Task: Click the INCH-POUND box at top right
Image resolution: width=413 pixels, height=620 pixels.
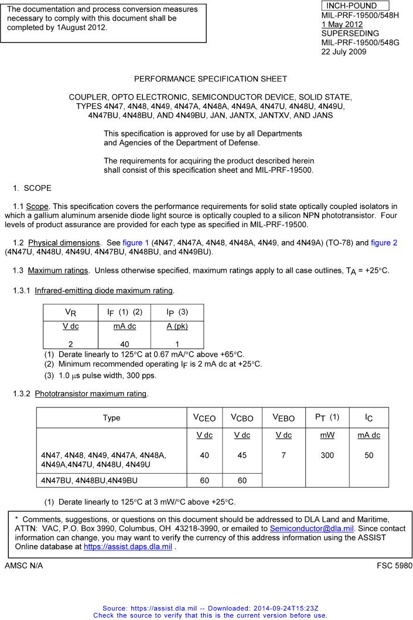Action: tap(355, 6)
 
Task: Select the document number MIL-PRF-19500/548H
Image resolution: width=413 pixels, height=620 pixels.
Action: tap(360, 15)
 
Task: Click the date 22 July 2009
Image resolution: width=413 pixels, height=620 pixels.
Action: tap(344, 52)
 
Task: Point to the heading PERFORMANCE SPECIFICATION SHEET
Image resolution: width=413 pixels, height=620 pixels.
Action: tap(210, 78)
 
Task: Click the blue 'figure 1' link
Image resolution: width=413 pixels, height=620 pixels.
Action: tap(136, 242)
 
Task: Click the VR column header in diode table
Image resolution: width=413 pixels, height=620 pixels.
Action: tap(69, 313)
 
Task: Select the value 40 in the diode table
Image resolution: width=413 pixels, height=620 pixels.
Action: tap(124, 344)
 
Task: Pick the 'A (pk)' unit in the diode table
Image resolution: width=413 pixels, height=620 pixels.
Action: tap(177, 327)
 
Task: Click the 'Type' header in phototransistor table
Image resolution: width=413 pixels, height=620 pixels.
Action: tap(111, 418)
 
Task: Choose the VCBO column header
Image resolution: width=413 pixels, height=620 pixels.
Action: tap(242, 418)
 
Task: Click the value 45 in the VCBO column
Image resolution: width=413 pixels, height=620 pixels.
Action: tap(242, 455)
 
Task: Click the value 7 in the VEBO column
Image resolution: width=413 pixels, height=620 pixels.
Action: tap(284, 455)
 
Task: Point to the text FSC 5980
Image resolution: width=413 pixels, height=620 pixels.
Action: tap(394, 566)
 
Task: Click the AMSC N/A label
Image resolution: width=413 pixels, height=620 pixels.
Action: tap(23, 566)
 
